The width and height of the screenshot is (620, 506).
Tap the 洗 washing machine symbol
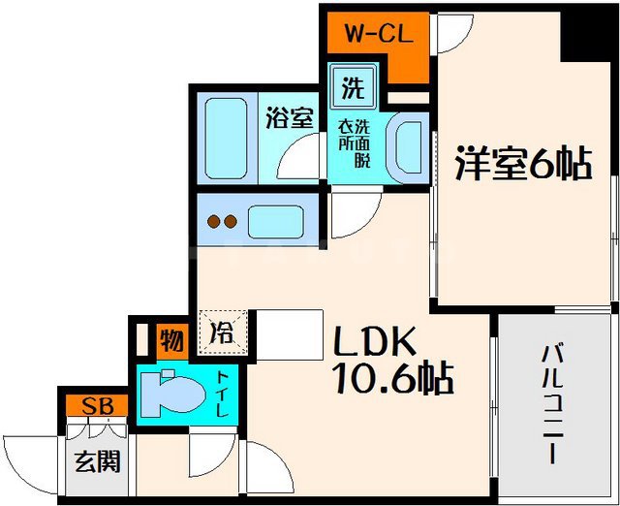tap(351, 89)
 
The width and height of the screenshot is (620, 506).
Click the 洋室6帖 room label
tap(523, 165)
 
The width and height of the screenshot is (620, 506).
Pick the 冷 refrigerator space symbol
tap(222, 332)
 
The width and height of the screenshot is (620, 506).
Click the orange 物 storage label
tap(171, 342)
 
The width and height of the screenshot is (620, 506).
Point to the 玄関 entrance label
tap(97, 461)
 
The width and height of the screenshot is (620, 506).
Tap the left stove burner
tap(211, 222)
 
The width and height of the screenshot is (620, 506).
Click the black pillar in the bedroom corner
tap(592, 35)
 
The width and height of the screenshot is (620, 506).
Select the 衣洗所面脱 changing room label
tap(353, 144)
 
